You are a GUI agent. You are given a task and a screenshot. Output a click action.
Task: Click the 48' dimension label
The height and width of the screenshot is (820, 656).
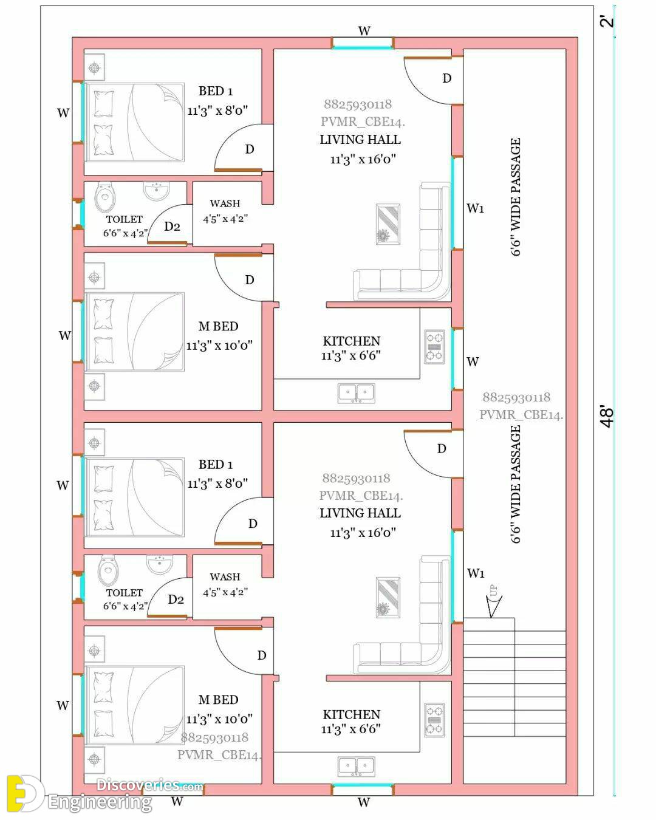tap(608, 416)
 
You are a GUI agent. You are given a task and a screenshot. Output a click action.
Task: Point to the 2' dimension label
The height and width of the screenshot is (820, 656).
tap(607, 21)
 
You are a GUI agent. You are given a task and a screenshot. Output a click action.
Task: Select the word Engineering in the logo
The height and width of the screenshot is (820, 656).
tap(100, 802)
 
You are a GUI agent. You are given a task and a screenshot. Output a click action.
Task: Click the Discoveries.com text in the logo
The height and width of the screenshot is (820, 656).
tap(149, 785)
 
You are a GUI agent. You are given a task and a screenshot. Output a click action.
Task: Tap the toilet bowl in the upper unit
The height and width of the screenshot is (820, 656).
tap(105, 196)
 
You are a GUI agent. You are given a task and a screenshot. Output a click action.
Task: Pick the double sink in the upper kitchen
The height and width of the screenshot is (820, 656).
tap(356, 393)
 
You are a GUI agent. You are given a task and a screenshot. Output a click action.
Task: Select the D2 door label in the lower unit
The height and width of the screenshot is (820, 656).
tap(176, 600)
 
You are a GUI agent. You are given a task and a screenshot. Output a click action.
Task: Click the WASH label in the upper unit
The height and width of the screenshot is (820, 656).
tap(225, 203)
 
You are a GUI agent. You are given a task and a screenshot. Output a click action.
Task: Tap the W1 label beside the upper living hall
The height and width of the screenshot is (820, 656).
tap(476, 208)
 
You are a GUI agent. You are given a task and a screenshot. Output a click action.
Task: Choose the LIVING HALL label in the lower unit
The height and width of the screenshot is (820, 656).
tap(360, 513)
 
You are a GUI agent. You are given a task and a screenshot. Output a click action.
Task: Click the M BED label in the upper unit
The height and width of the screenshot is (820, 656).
tap(219, 326)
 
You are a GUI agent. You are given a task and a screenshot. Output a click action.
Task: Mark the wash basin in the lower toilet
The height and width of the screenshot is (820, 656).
tap(160, 564)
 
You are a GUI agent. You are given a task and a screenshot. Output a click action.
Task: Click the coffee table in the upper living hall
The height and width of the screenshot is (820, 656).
tap(388, 224)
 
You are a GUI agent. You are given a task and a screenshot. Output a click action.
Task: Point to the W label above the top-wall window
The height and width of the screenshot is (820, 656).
tap(364, 31)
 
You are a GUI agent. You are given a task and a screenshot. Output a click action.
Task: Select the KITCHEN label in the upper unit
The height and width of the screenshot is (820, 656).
tap(352, 341)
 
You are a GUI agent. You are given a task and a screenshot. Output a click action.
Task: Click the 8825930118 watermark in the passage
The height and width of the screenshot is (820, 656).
tap(516, 397)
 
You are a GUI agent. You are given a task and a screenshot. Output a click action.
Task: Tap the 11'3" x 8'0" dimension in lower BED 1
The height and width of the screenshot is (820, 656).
tap(217, 483)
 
